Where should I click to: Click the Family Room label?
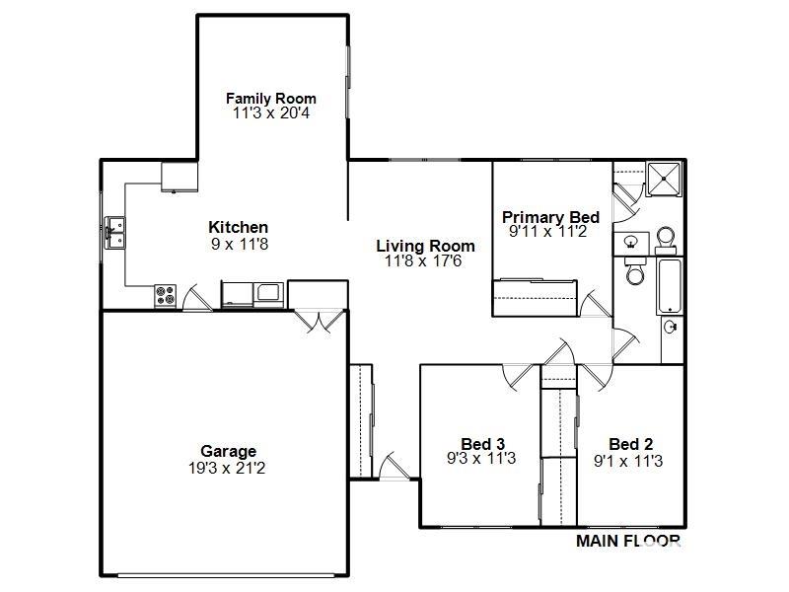271,98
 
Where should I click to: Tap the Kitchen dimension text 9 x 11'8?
240,244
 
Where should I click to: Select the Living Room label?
426,246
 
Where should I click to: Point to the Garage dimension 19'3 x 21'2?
227,468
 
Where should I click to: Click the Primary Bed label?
551,217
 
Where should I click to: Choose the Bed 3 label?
482,444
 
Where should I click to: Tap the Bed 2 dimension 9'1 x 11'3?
628,461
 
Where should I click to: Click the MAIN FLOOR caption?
628,541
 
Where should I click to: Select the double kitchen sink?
115,233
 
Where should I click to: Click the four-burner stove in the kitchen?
165,295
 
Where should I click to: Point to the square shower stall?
664,179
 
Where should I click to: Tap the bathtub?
670,286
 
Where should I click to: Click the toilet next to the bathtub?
635,271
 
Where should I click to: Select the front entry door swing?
394,466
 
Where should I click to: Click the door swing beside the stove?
195,298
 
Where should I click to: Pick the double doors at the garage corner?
320,321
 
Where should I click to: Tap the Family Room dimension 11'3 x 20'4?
271,112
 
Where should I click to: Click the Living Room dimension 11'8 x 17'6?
423,260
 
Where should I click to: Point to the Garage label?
229,451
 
